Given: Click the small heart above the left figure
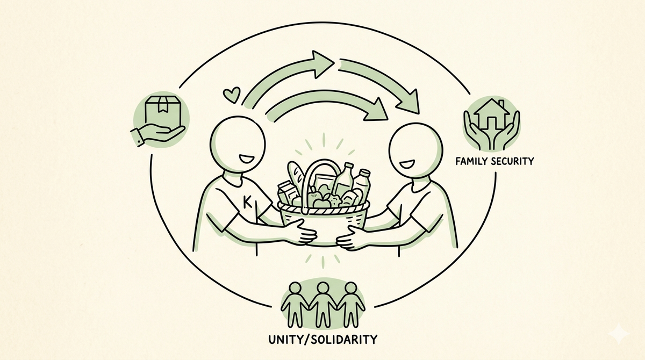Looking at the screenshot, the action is (232, 95).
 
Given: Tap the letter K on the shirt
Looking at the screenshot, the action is (247, 201).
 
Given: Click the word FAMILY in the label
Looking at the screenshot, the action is (471, 161).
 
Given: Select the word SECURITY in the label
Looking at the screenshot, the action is (513, 161).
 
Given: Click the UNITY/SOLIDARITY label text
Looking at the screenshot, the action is (323, 340).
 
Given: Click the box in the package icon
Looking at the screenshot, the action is (163, 111).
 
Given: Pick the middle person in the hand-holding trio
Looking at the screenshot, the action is (323, 305).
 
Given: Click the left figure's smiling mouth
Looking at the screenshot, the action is (247, 159).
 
